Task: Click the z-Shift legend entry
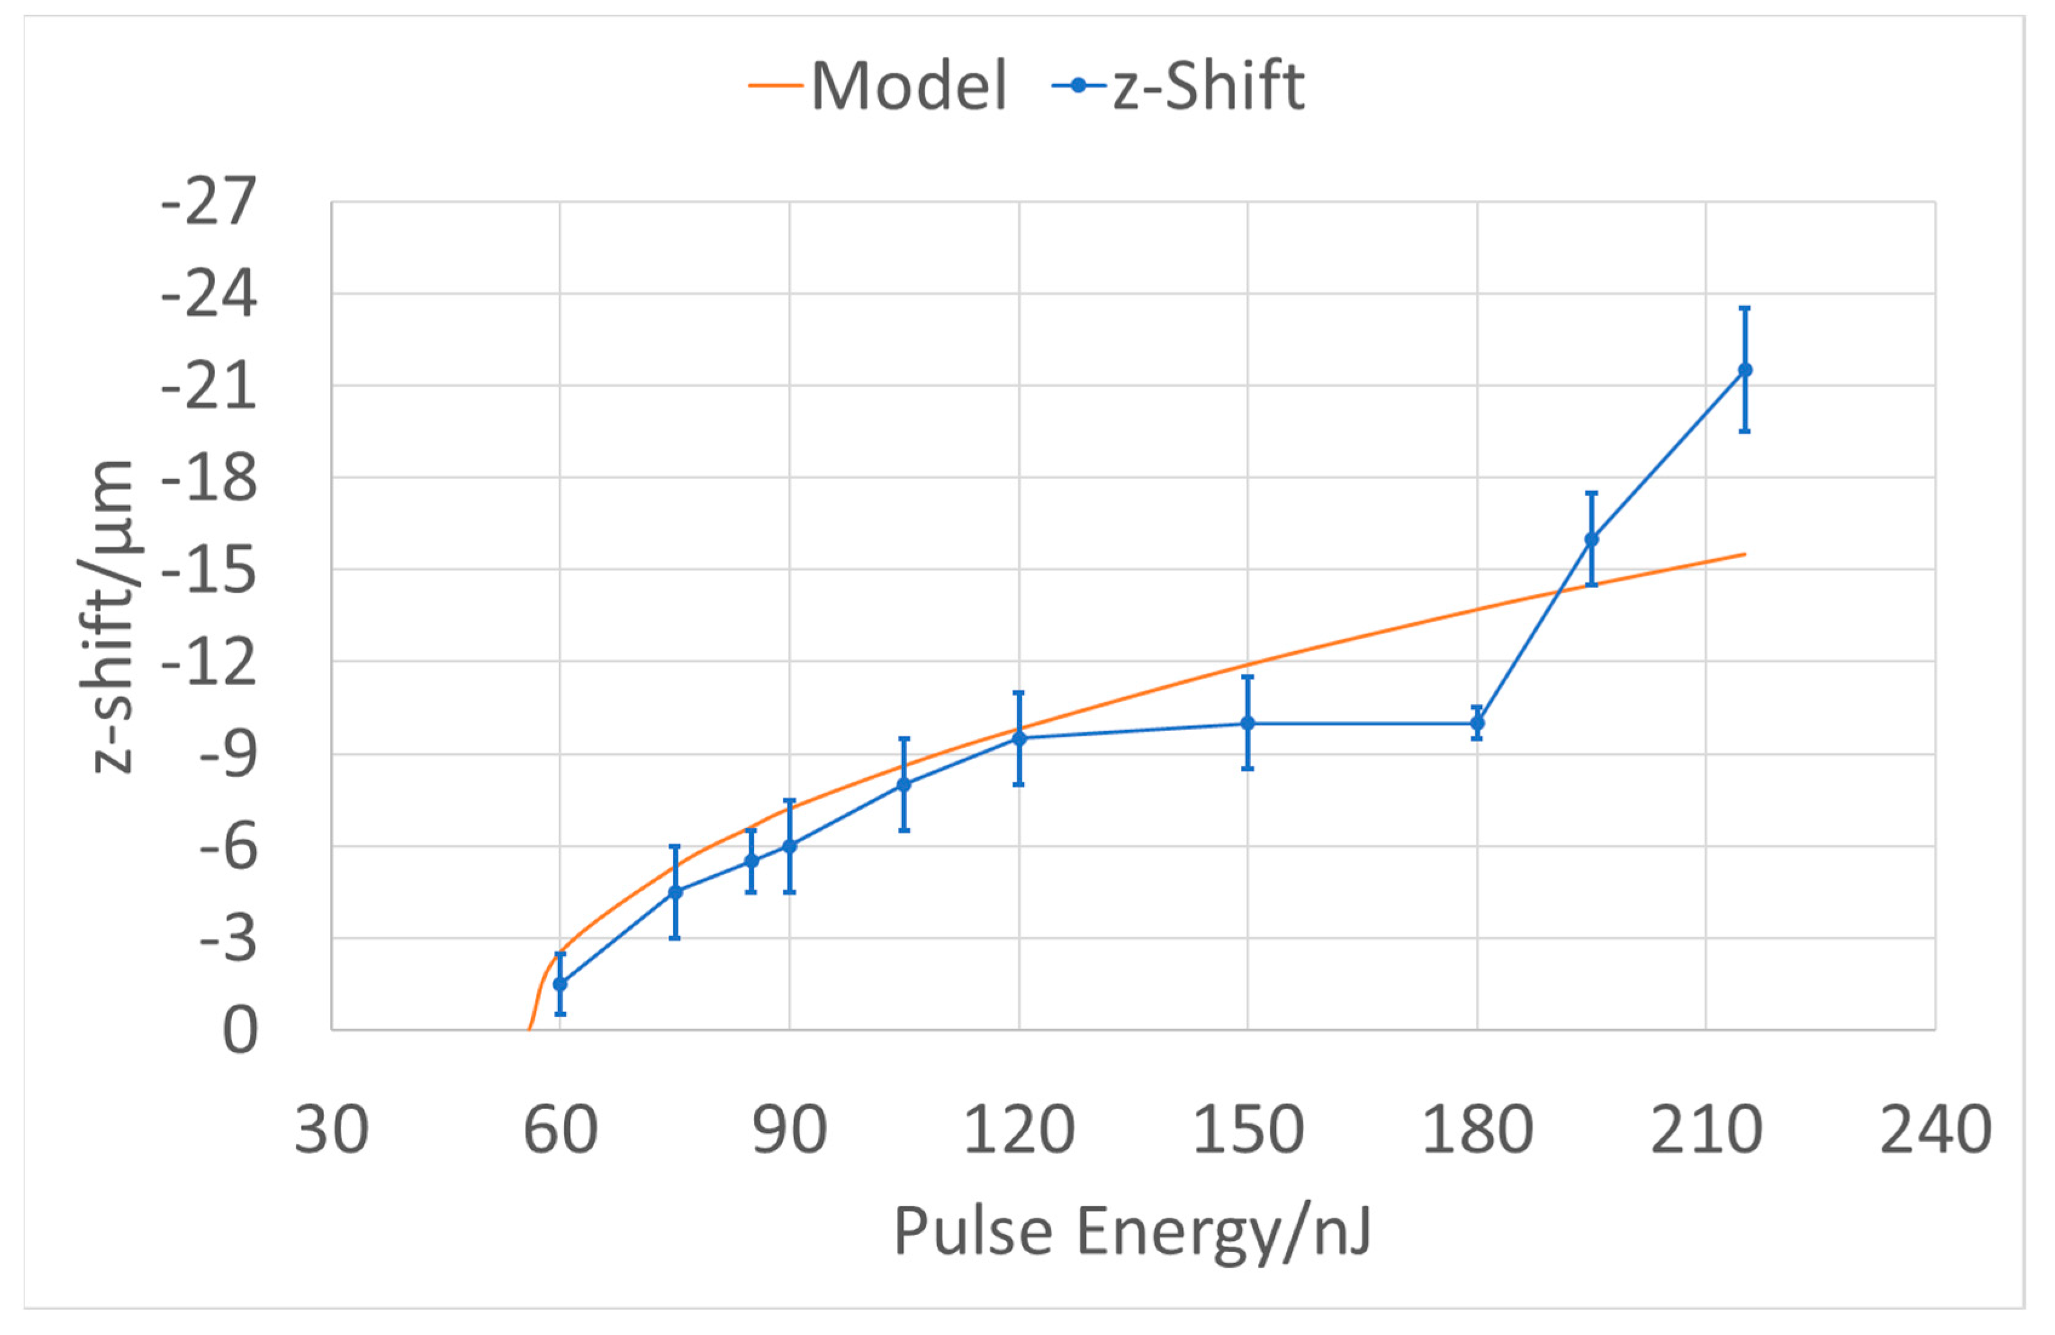[1179, 87]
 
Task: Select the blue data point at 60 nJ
[560, 984]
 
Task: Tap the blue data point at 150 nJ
[1248, 723]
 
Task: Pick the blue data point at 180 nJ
[1477, 723]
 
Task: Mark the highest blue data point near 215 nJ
[1745, 369]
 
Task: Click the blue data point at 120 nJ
[1019, 738]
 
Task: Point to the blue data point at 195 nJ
[1591, 539]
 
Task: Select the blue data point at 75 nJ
[675, 892]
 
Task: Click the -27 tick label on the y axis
[209, 202]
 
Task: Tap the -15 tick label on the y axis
[209, 570]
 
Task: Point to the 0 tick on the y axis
[240, 1030]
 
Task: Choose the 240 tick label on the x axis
[1935, 1130]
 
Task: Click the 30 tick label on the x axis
[331, 1130]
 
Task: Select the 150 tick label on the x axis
[1248, 1130]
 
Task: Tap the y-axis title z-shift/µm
[112, 617]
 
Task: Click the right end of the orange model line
[1744, 554]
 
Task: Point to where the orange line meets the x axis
[529, 1029]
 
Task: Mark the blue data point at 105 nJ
[904, 784]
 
